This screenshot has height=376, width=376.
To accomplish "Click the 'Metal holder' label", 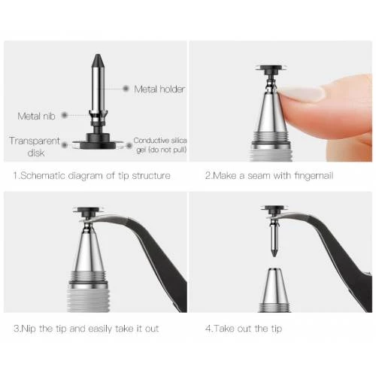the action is pyautogui.click(x=159, y=89).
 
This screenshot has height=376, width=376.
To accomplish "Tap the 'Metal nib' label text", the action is pyautogui.click(x=36, y=116).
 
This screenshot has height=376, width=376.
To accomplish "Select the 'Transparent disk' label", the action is pyautogui.click(x=35, y=147).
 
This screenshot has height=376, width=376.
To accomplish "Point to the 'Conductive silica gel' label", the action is pyautogui.click(x=160, y=145).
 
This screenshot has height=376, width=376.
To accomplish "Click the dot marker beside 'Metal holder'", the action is pyautogui.click(x=126, y=89).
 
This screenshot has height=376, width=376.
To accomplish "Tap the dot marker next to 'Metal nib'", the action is pyautogui.click(x=65, y=115).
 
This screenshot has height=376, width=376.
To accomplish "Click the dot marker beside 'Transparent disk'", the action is pyautogui.click(x=65, y=145).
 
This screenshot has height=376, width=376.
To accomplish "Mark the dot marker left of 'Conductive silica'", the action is pyautogui.click(x=129, y=145).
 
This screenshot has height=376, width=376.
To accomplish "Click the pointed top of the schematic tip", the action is pyautogui.click(x=98, y=54).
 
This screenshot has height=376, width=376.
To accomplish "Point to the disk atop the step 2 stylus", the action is pyautogui.click(x=271, y=68).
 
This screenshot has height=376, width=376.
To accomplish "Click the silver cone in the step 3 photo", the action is pyautogui.click(x=89, y=250).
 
